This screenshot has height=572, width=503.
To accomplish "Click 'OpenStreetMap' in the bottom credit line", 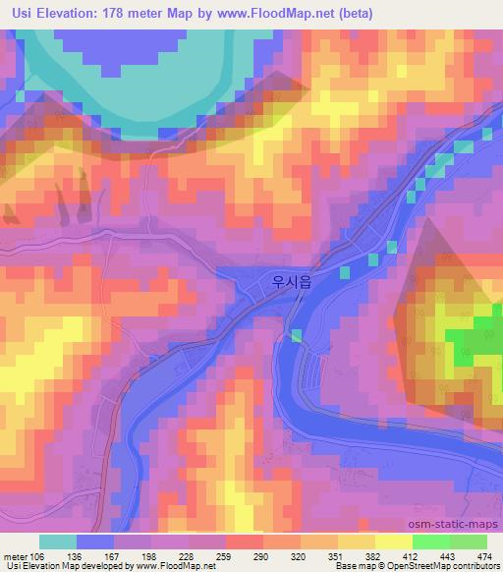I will [x=410, y=567].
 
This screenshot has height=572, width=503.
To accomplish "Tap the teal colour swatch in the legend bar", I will [x=57, y=542].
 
